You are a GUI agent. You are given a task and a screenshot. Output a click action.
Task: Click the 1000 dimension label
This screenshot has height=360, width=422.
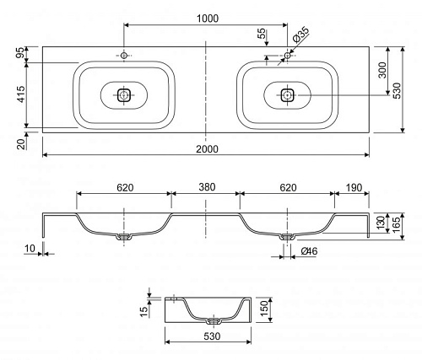click(208, 19)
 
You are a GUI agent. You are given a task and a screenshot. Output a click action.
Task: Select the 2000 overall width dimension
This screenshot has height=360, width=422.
click(207, 149)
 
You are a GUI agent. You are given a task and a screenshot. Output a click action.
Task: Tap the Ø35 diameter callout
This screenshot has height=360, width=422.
click(300, 35)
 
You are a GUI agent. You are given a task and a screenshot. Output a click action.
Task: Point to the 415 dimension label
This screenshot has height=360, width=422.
click(21, 94)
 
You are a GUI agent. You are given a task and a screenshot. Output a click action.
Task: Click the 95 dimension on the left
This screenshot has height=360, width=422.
click(21, 53)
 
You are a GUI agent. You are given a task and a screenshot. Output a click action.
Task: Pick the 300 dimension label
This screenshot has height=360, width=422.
click(382, 70)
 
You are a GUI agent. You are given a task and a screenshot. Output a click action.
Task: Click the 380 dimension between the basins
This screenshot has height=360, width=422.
click(207, 187)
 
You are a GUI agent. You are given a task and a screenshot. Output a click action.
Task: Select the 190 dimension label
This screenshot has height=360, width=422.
click(354, 187)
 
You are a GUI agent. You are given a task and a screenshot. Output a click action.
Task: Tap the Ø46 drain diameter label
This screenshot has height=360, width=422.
click(309, 251)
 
